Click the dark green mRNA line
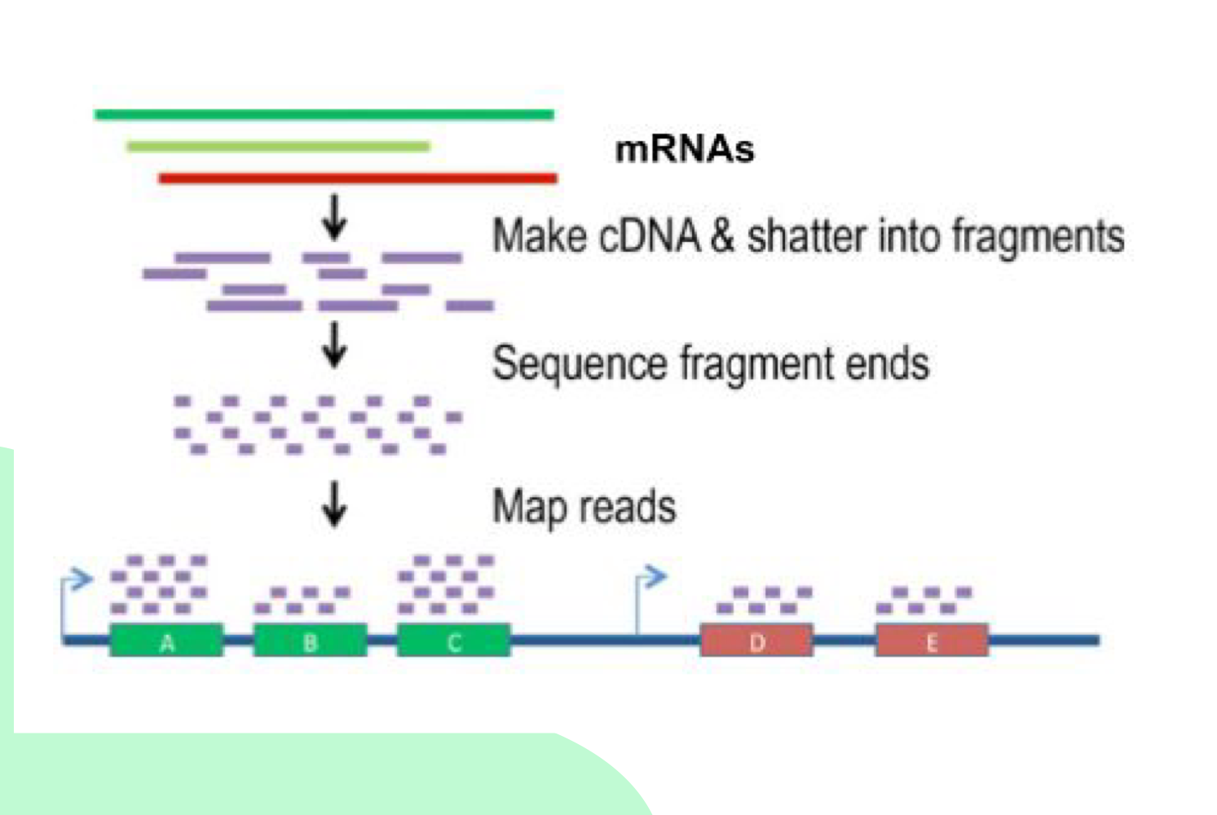coord(324,115)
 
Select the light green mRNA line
coord(277,147)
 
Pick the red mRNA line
coord(357,178)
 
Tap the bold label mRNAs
coord(684,150)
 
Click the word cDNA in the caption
coord(649,236)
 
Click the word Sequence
coord(580,363)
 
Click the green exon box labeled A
coord(166,641)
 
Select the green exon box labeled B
coord(310,641)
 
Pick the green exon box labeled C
coord(454,641)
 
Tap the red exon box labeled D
coord(756,641)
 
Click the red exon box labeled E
coord(932,641)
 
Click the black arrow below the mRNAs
coord(334,217)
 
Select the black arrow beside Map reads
coord(334,504)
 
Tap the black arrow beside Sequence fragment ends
coord(334,345)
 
